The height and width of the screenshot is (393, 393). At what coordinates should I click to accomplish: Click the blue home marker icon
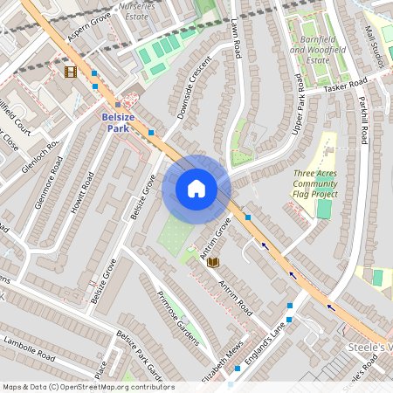[196, 189]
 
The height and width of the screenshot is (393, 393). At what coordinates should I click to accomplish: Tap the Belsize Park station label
[118, 122]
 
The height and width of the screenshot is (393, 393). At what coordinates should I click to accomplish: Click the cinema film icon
[70, 72]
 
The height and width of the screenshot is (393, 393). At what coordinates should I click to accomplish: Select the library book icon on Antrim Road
[213, 261]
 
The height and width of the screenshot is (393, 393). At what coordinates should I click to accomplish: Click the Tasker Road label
[346, 86]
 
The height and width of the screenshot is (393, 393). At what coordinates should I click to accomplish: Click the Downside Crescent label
[194, 88]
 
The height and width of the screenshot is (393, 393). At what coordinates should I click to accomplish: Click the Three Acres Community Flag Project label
[315, 183]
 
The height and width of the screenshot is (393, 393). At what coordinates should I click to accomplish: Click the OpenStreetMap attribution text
[88, 387]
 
